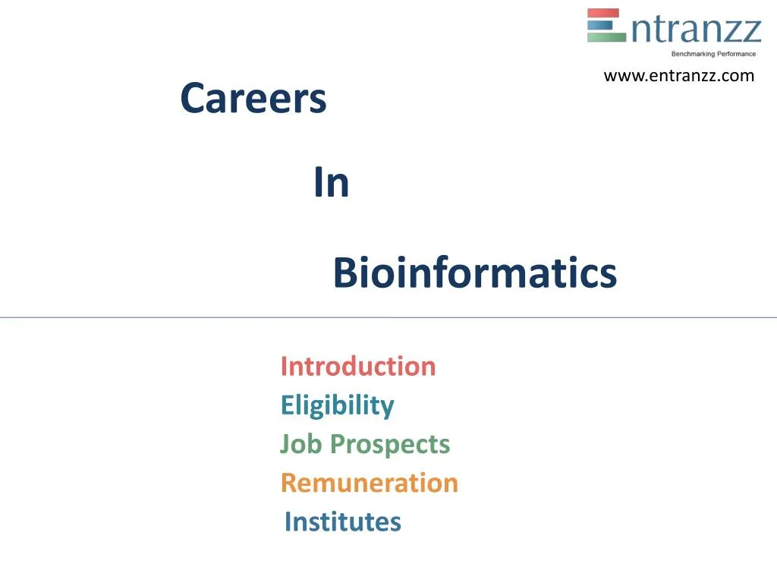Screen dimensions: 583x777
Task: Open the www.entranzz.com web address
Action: click(678, 75)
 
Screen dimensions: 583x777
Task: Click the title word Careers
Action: click(253, 99)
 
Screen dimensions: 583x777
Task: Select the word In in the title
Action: click(331, 184)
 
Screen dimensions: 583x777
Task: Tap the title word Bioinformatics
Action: click(475, 273)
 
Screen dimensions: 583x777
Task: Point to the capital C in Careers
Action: click(193, 99)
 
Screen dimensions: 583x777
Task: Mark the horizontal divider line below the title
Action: click(388, 317)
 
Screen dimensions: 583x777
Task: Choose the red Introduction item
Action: click(358, 367)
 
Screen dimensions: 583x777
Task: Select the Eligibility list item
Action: click(337, 405)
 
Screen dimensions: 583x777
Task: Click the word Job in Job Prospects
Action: click(301, 444)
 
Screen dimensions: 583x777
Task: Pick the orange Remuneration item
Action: click(370, 483)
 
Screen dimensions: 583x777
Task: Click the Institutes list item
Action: click(342, 522)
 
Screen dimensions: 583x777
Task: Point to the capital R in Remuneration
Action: click(289, 483)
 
